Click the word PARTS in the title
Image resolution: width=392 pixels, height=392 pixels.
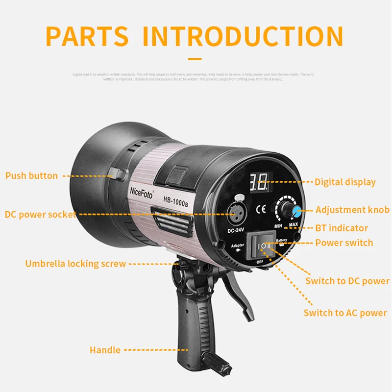[87, 36]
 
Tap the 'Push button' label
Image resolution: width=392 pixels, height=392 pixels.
[31, 175]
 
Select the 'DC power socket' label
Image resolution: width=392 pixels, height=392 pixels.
[40, 214]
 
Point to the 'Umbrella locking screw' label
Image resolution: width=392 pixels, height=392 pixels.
[75, 264]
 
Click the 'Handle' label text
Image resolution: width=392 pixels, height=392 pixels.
[105, 350]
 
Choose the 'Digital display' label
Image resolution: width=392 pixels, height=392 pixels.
[345, 182]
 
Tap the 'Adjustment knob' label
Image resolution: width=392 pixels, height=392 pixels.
[352, 210]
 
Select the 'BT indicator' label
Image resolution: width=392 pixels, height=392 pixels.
[342, 228]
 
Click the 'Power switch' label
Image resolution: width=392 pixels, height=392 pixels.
[344, 243]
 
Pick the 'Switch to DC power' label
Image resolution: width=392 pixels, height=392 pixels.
[347, 281]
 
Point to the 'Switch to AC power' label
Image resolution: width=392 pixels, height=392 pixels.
[345, 313]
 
